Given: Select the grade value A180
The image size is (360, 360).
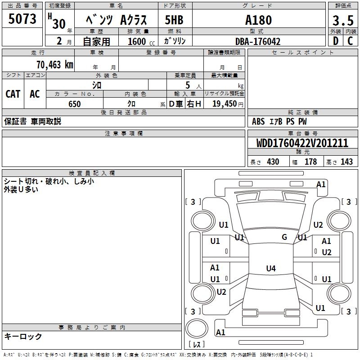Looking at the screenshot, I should [x=258, y=20].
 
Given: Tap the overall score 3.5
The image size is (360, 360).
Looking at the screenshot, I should [x=342, y=20].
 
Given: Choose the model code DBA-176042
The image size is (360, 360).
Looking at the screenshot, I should [x=258, y=41].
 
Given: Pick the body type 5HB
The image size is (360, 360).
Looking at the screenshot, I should [x=174, y=20].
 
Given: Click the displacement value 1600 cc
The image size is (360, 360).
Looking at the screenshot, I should [x=139, y=41].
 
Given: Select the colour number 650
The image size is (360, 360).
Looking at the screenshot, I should [x=74, y=104].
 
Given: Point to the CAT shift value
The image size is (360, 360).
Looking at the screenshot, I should [x=13, y=94].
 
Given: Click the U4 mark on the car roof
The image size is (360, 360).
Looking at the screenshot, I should [x=270, y=269].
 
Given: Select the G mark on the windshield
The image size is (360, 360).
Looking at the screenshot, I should [x=284, y=237].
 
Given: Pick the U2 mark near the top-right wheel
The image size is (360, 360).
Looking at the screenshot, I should [x=318, y=225].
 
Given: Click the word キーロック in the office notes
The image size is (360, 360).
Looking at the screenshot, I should [x=23, y=337].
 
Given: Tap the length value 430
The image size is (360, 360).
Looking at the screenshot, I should [x=273, y=162].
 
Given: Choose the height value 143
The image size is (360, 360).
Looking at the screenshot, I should [x=346, y=162].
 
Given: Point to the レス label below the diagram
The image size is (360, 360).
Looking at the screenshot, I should [x=198, y=344].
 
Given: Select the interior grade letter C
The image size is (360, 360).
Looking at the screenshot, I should [x=350, y=41].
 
